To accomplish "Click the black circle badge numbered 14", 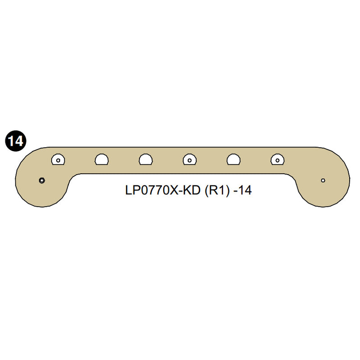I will coord(15,141).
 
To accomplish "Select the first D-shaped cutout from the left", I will coord(58,159).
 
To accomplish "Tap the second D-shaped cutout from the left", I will coord(102,159).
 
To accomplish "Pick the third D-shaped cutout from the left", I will coord(146,159).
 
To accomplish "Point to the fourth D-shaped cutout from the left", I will coord(189,159).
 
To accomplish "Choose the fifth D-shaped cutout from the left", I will coord(233,159).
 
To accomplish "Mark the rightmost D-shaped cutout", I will coord(277,159).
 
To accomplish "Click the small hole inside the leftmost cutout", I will coord(58,160).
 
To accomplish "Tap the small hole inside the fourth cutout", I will coord(189,160).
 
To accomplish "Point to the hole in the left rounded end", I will coord(41,180).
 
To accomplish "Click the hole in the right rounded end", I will coord(323,180).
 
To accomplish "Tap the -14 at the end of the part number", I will coord(243,190).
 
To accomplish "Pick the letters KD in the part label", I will coord(193,190).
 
